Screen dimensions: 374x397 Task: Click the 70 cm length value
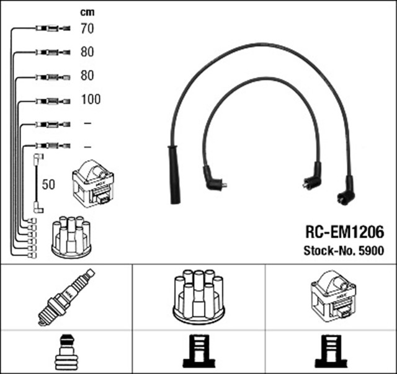(87, 28)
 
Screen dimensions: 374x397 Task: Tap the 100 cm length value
(90, 99)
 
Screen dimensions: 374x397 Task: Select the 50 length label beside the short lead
(49, 185)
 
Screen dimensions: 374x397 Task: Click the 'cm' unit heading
(87, 12)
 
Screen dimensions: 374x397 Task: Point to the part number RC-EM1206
(344, 232)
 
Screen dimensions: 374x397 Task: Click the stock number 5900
(371, 251)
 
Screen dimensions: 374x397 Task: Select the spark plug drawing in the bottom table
(67, 297)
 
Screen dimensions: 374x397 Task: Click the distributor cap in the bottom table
(198, 296)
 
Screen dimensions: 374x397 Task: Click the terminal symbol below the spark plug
(66, 352)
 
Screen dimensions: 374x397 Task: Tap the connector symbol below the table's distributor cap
(198, 352)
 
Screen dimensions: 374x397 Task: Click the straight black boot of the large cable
(174, 174)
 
